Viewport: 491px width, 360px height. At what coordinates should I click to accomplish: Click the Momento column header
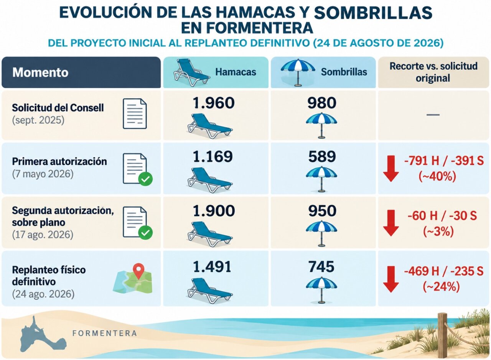click(40, 72)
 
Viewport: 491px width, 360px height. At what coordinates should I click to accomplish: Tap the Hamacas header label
click(236, 72)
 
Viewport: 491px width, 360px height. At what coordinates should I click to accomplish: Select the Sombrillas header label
click(344, 72)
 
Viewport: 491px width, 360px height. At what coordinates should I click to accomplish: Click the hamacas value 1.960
click(214, 103)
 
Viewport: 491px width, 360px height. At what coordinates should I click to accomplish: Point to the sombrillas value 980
click(322, 103)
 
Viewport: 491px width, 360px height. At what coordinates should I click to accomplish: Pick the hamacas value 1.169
click(213, 156)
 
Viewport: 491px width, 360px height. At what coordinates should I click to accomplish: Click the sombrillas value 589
click(322, 156)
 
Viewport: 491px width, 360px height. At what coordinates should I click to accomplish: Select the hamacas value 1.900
click(214, 211)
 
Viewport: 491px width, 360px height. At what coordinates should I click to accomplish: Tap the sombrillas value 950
click(322, 211)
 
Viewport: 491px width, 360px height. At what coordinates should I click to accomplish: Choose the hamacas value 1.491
click(212, 267)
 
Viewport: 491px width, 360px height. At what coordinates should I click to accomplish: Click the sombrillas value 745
click(321, 267)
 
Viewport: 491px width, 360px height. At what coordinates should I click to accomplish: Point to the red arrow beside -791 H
click(391, 168)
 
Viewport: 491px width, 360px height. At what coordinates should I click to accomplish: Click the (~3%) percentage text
click(438, 232)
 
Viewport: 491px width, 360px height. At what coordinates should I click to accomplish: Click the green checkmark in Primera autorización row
click(145, 179)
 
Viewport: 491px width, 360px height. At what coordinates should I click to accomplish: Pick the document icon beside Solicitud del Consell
click(135, 113)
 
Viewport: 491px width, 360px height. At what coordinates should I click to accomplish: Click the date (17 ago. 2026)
click(43, 235)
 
